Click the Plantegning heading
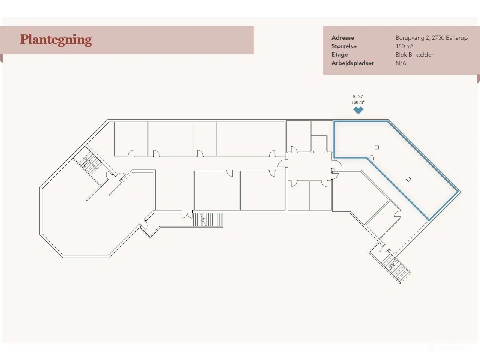[x=56, y=40]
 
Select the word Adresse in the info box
[x=343, y=38]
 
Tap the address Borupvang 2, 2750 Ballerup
[x=432, y=38]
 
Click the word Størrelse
[x=344, y=46]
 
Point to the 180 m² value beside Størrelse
[x=404, y=46]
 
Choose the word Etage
[x=340, y=55]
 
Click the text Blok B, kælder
[x=414, y=55]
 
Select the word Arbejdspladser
[x=353, y=63]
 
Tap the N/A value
[x=401, y=63]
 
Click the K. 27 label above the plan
[x=358, y=96]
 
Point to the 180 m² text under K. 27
[x=358, y=102]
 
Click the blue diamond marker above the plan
[x=358, y=110]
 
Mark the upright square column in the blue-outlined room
[x=377, y=147]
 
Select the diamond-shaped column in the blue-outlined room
[x=408, y=179]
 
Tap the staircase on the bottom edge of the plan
[x=208, y=220]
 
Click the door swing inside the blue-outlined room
[x=371, y=158]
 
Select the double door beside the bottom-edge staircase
[x=187, y=214]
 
